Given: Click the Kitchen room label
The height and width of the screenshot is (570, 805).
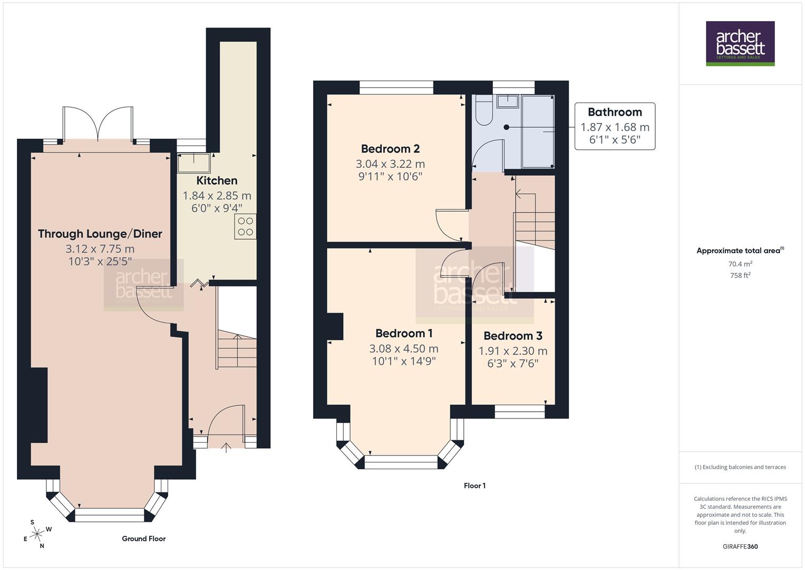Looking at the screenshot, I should [x=217, y=180].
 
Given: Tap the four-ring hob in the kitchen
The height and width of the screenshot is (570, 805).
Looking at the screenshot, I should [x=245, y=226].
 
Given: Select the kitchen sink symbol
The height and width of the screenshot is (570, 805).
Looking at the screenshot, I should [x=193, y=163].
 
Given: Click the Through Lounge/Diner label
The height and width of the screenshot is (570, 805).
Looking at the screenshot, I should [x=100, y=234].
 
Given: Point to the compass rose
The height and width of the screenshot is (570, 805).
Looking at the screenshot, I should [x=37, y=534].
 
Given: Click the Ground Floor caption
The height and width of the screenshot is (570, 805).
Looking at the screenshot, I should [x=143, y=538].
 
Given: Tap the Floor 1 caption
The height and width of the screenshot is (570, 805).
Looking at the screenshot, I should [x=474, y=486].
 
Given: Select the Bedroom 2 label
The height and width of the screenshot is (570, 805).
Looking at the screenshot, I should [x=390, y=149].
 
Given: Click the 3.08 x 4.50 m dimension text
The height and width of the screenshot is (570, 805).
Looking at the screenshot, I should [x=404, y=348].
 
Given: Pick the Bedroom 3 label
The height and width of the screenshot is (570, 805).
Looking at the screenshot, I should [x=512, y=336].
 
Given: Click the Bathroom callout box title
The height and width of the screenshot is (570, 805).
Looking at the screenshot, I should [x=615, y=112].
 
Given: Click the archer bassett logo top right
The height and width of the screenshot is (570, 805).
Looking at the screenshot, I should [x=740, y=43].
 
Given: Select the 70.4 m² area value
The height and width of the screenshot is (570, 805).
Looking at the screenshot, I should [x=740, y=264].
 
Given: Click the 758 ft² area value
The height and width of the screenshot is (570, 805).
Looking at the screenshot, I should [x=740, y=275].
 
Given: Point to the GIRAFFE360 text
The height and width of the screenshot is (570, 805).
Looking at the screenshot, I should [x=740, y=546].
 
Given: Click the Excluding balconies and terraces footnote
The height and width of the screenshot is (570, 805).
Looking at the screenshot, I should [x=740, y=467].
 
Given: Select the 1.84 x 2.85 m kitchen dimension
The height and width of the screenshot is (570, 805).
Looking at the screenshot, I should [x=217, y=196].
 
